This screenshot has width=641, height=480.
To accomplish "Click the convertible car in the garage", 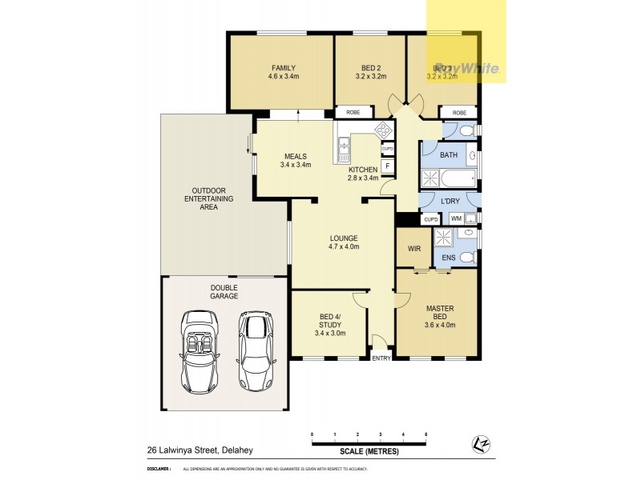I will coord(200,350).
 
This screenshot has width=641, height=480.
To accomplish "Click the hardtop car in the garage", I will coord(256,350).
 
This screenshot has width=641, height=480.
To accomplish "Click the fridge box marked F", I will coord(388,166).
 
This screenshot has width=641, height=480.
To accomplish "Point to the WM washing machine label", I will coord(455,218).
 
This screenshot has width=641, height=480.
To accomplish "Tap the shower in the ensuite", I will coord(443,238).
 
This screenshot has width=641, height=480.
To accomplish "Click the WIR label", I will coord(414,249).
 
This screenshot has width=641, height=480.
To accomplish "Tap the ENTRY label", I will coord(381,358).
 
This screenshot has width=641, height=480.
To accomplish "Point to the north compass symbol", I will coord(480,442).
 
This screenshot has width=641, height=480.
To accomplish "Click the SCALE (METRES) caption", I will coord(369,451).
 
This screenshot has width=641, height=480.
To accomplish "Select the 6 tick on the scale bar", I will coord(425,434).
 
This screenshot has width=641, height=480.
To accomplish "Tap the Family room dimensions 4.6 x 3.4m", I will coord(284,77).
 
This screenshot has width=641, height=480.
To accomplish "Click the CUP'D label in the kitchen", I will coord(388,149).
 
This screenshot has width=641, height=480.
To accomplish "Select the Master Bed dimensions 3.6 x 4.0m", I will coord(440,325).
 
